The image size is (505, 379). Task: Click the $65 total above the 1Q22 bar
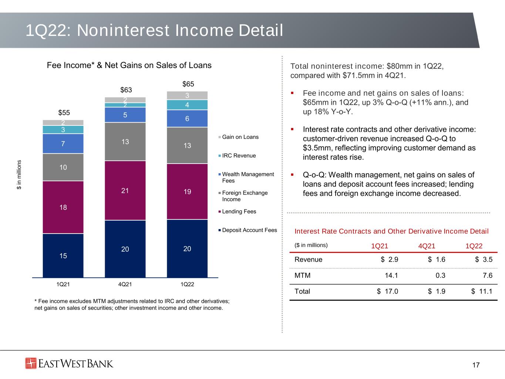click(x=188, y=84)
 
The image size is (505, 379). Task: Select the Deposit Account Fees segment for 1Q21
click(x=63, y=255)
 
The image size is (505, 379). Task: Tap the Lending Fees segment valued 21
click(x=125, y=191)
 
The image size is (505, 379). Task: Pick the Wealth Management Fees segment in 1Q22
click(x=187, y=118)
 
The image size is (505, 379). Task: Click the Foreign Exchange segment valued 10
click(x=63, y=167)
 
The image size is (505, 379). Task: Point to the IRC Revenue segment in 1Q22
click(x=187, y=105)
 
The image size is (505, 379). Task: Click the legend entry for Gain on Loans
click(x=238, y=137)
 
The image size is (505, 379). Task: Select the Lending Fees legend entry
click(x=237, y=211)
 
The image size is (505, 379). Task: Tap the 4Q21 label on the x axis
click(x=125, y=284)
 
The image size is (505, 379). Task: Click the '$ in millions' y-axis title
click(x=19, y=175)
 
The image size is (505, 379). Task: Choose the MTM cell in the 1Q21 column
click(x=391, y=275)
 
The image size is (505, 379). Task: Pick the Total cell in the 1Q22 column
click(x=482, y=291)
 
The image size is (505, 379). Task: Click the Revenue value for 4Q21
click(x=437, y=259)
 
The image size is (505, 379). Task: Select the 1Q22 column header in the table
click(x=474, y=246)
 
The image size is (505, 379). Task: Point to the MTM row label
click(x=302, y=275)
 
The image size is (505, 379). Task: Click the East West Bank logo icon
click(x=31, y=363)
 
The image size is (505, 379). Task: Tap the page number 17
click(x=476, y=365)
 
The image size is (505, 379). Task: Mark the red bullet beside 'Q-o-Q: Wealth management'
click(x=292, y=175)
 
